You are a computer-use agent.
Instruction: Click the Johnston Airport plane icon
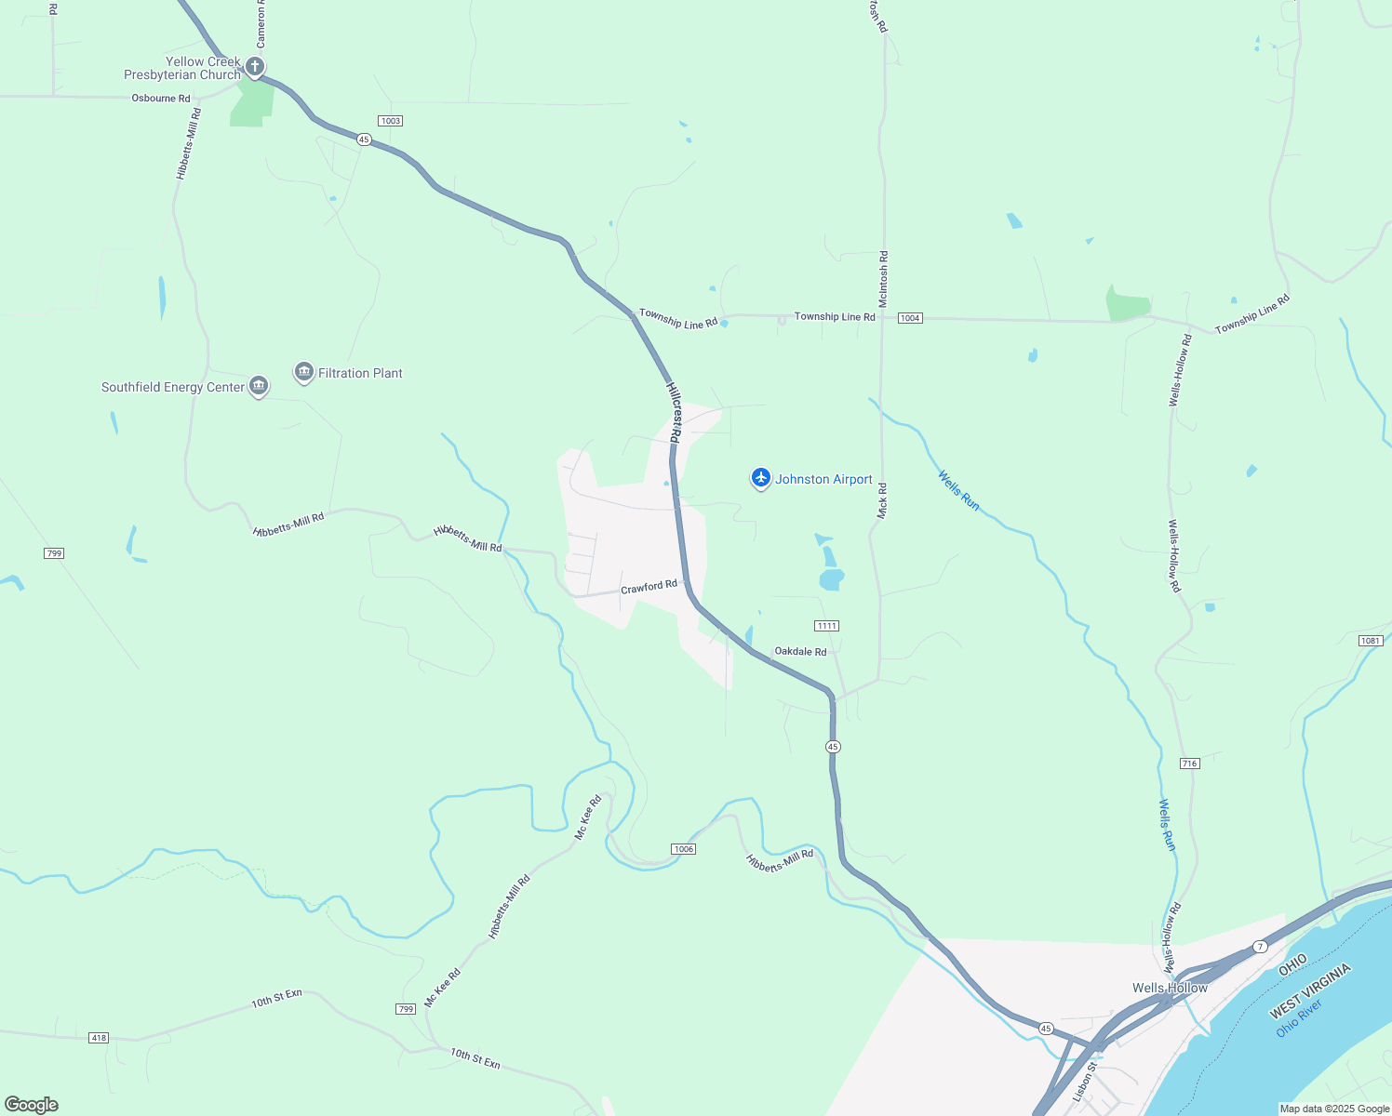pos(761,478)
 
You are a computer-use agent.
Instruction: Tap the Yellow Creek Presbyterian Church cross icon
pos(254,67)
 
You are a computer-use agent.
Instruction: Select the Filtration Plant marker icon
pos(303,373)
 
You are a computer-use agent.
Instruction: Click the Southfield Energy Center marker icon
pos(259,386)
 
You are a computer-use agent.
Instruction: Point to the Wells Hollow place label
pos(1170,988)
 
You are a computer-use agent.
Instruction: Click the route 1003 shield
pos(390,121)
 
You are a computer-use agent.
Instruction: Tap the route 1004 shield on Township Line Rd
pos(910,318)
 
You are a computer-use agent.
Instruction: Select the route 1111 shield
pos(826,626)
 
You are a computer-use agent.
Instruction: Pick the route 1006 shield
pos(683,849)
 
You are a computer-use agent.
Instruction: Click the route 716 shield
pos(1189,764)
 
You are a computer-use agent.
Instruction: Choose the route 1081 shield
pos(1370,641)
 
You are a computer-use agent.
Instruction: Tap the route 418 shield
pos(99,1038)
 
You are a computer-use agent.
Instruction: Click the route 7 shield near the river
pos(1260,947)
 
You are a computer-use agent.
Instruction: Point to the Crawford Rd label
pos(649,587)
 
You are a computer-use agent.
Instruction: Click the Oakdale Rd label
pos(800,652)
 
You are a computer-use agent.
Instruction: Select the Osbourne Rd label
pos(161,99)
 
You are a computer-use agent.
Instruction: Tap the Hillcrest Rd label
pos(674,411)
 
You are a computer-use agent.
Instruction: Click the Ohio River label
pos(1299,1018)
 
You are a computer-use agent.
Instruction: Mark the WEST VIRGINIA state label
pos(1310,991)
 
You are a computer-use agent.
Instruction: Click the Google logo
pos(32,1105)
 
